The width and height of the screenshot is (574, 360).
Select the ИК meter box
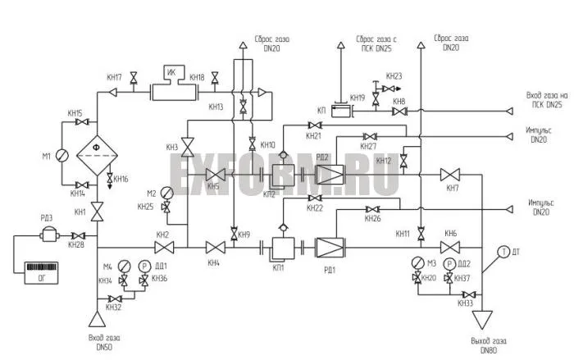coord(171,73)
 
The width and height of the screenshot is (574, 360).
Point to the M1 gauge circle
coord(60,154)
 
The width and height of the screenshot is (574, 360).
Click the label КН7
coord(452,189)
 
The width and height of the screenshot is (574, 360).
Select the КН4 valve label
coord(214,262)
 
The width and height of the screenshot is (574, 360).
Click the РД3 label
coord(47,217)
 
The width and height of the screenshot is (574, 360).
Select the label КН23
coord(394,75)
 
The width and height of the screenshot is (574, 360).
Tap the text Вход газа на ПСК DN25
coord(544,100)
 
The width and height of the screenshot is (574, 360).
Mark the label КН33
coord(465,304)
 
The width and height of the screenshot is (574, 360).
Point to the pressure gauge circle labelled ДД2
coord(449,264)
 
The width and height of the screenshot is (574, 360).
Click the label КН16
coord(120,179)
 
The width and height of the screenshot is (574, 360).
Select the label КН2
coord(162,235)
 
